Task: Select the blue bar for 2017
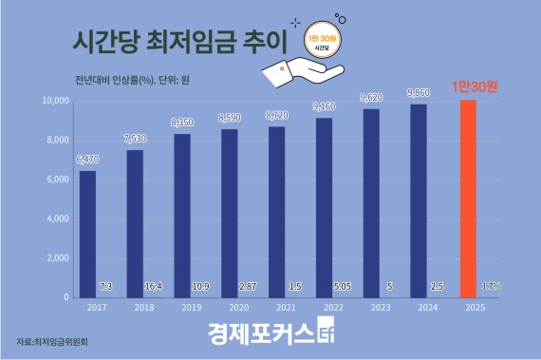click(87, 234)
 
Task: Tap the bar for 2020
click(231, 213)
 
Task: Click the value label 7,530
click(135, 141)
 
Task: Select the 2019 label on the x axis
click(183, 308)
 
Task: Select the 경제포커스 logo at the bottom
click(270, 335)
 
